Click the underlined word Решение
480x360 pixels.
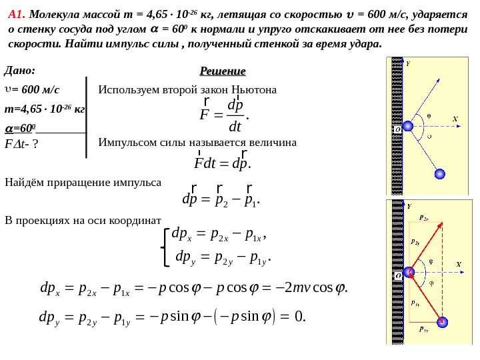pyautogui.click(x=223, y=71)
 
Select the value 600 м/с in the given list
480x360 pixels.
pyautogui.click(x=36, y=89)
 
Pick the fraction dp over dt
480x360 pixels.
pyautogui.click(x=235, y=115)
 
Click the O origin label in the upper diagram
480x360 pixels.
pyautogui.click(x=397, y=129)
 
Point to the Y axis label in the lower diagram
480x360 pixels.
pyautogui.click(x=409, y=207)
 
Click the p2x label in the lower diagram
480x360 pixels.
pyautogui.click(x=423, y=217)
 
